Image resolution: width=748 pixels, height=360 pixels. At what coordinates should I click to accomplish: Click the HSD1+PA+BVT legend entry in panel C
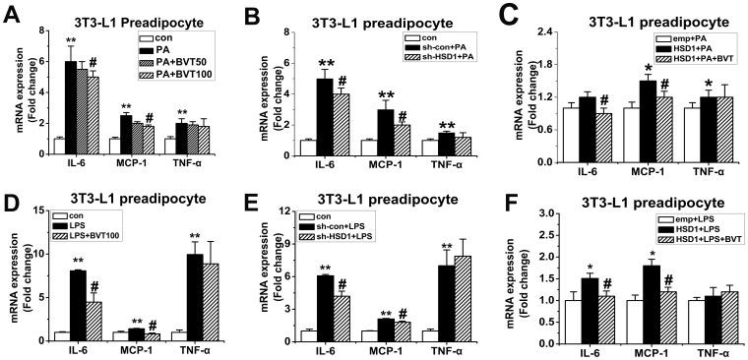(690, 58)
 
